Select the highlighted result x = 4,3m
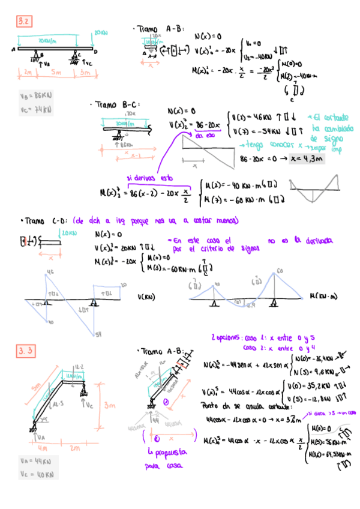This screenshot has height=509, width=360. (305, 159)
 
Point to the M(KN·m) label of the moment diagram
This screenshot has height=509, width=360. (323, 296)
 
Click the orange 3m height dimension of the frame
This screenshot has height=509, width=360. (109, 406)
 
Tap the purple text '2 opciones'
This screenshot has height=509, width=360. (229, 338)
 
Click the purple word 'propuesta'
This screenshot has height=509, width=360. (163, 452)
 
